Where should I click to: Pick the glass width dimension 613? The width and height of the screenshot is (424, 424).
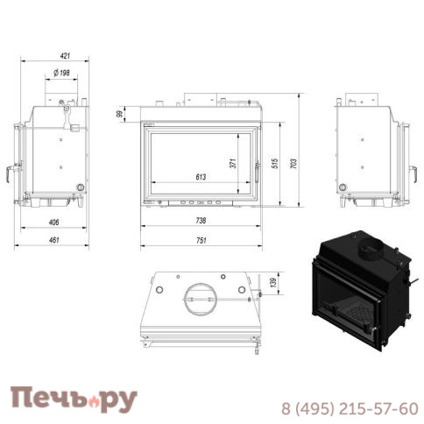(201, 178)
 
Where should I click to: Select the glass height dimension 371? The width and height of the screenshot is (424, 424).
(233, 163)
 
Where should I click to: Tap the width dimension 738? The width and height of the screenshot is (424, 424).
(201, 222)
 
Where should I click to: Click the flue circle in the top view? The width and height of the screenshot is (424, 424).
(197, 299)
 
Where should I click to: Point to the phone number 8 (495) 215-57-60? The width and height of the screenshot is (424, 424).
(349, 407)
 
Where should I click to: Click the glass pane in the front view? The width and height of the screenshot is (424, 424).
(201, 158)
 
